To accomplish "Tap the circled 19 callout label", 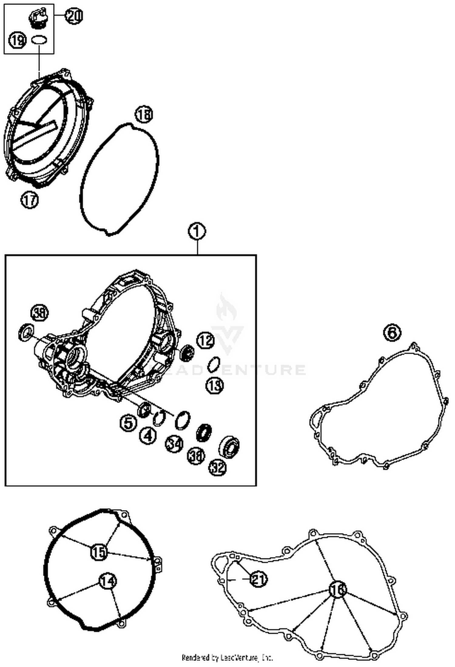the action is (x=18, y=40).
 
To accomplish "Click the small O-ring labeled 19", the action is (x=39, y=40).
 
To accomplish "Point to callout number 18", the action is (x=144, y=115).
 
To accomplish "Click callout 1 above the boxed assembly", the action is (x=197, y=232).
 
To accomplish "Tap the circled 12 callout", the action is (x=205, y=340).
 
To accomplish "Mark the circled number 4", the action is (x=148, y=436).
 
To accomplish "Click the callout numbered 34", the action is (x=174, y=444).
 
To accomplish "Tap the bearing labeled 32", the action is (x=229, y=446).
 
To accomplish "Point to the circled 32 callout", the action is (x=217, y=467).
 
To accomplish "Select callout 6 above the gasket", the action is (x=392, y=333).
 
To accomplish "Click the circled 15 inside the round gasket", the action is (x=99, y=552).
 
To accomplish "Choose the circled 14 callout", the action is (x=108, y=581).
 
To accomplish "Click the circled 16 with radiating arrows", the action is (x=337, y=590).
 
